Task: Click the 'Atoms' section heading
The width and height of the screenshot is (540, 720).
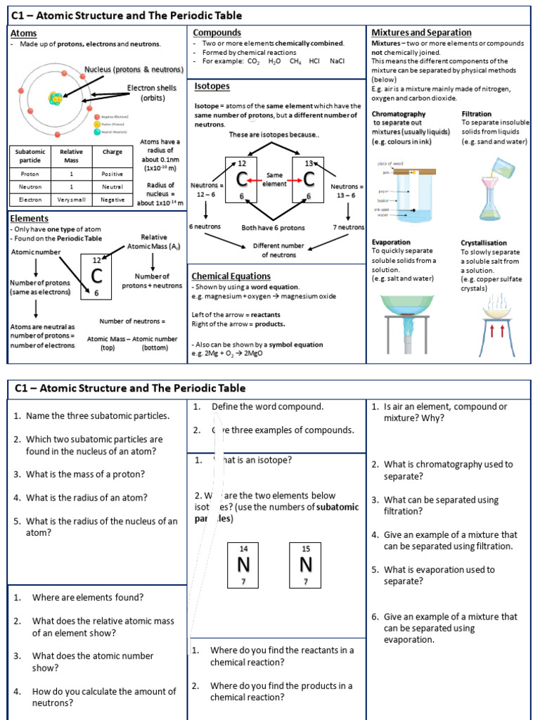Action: [23, 33]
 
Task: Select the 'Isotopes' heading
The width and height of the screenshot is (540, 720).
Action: [212, 86]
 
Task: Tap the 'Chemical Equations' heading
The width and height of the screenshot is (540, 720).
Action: [231, 276]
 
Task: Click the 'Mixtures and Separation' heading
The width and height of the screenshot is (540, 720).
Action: [421, 33]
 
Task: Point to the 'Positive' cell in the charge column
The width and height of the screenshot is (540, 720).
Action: [111, 173]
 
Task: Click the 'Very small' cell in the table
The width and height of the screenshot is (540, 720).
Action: [71, 200]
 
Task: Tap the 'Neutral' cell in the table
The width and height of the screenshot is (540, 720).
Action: [111, 186]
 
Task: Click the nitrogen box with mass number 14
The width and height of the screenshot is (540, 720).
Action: [244, 565]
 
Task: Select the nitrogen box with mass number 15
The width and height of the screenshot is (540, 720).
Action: [305, 565]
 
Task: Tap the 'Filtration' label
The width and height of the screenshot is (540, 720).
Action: [476, 114]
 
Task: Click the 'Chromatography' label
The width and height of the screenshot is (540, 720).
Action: [398, 114]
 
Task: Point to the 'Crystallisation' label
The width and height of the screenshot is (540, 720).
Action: [484, 243]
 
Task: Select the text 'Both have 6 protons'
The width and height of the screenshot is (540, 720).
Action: [274, 227]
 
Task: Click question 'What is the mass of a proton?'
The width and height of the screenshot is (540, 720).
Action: [85, 474]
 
